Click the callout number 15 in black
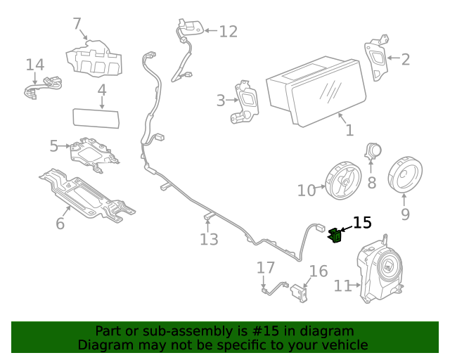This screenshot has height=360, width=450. [x=362, y=223]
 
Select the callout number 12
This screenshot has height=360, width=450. [x=228, y=32]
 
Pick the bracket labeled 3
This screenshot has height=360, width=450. [x=246, y=103]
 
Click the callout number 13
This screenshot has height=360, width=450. [x=209, y=239]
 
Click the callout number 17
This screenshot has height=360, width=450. [x=265, y=268]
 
